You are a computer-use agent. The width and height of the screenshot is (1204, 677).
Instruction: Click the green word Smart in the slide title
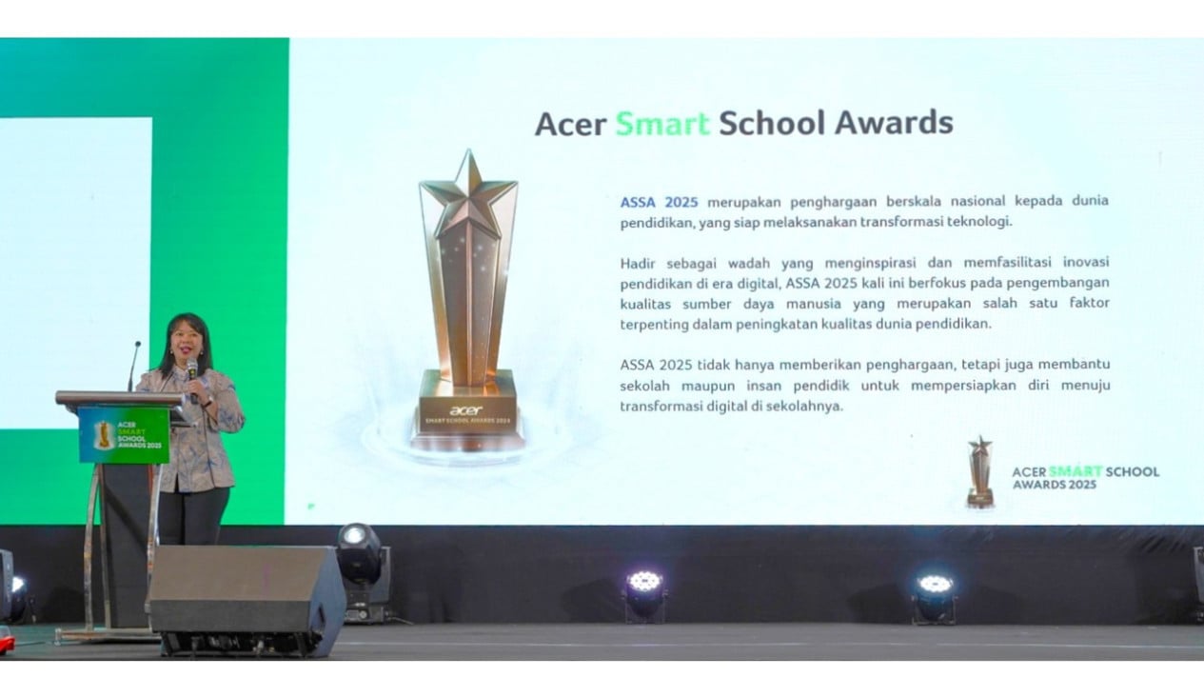(662, 123)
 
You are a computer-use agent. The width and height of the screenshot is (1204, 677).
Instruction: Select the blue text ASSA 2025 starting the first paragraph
(659, 202)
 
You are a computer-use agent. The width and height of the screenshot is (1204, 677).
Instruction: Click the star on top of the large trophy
(468, 193)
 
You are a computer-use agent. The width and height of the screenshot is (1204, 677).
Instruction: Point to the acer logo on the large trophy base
(465, 410)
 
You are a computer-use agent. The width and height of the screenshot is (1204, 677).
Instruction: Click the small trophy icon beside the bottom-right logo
(980, 471)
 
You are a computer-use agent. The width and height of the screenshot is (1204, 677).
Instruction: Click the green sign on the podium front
(124, 434)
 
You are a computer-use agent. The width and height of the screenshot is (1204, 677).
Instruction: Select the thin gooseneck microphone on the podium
(133, 366)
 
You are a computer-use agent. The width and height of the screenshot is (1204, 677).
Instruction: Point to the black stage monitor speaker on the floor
(247, 600)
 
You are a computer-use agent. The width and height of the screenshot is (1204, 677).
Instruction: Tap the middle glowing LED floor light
(644, 593)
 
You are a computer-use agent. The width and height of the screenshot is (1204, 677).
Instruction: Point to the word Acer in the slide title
(571, 124)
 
